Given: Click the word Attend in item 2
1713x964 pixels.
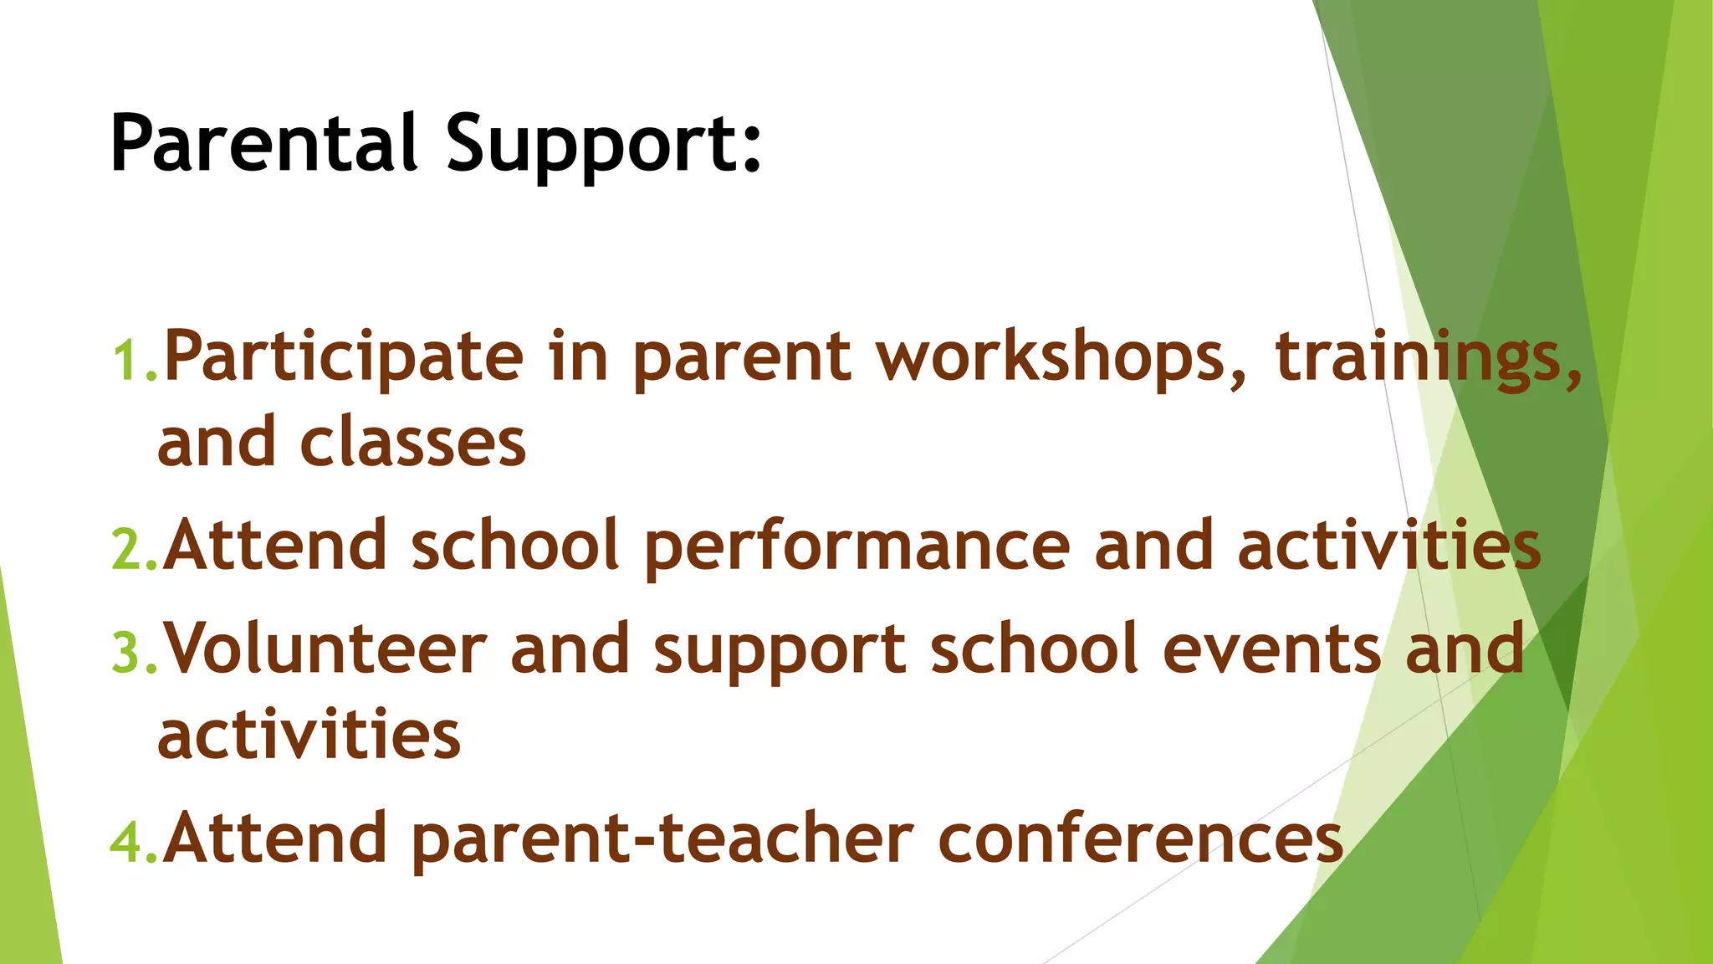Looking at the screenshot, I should click(275, 545).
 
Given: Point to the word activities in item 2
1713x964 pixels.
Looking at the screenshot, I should click(1388, 545).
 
